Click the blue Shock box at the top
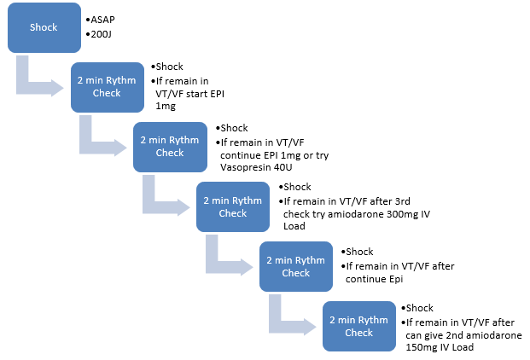(x=44, y=27)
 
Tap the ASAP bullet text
(x=102, y=20)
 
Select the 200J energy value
(x=101, y=34)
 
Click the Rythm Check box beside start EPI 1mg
(x=108, y=87)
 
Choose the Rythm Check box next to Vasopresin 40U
(x=170, y=147)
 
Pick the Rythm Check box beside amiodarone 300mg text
(x=233, y=206)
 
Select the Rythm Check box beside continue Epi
(x=296, y=266)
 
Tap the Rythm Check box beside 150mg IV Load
(x=359, y=326)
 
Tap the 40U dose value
(x=282, y=167)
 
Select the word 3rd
(x=402, y=201)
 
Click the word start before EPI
(x=197, y=94)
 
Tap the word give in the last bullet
(x=433, y=335)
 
